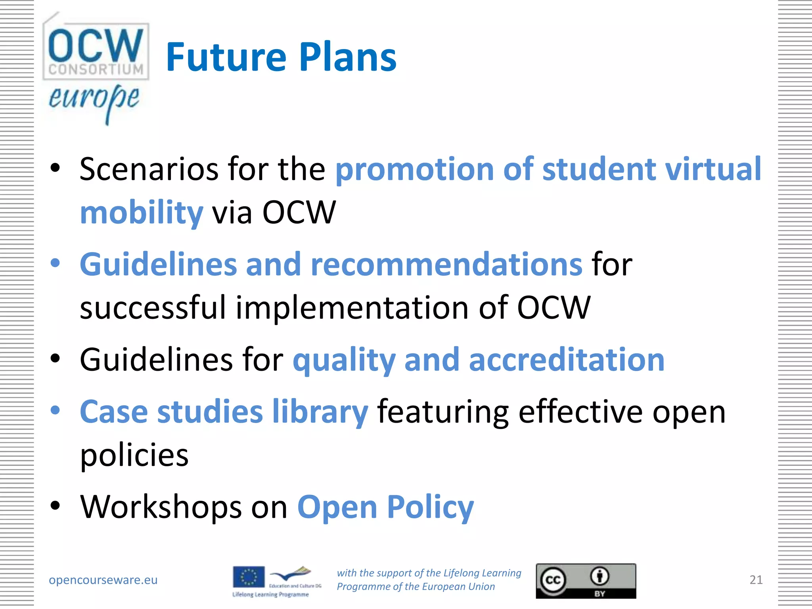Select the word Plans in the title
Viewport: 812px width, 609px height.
348,57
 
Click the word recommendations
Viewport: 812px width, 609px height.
446,264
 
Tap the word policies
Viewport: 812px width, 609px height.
134,455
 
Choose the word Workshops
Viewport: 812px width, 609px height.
161,507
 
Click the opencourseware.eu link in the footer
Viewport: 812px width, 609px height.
103,580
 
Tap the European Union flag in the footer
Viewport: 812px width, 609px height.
249,577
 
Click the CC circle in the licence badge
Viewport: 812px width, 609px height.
553,580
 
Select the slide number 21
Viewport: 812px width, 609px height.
756,580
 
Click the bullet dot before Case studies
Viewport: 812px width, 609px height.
55,410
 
